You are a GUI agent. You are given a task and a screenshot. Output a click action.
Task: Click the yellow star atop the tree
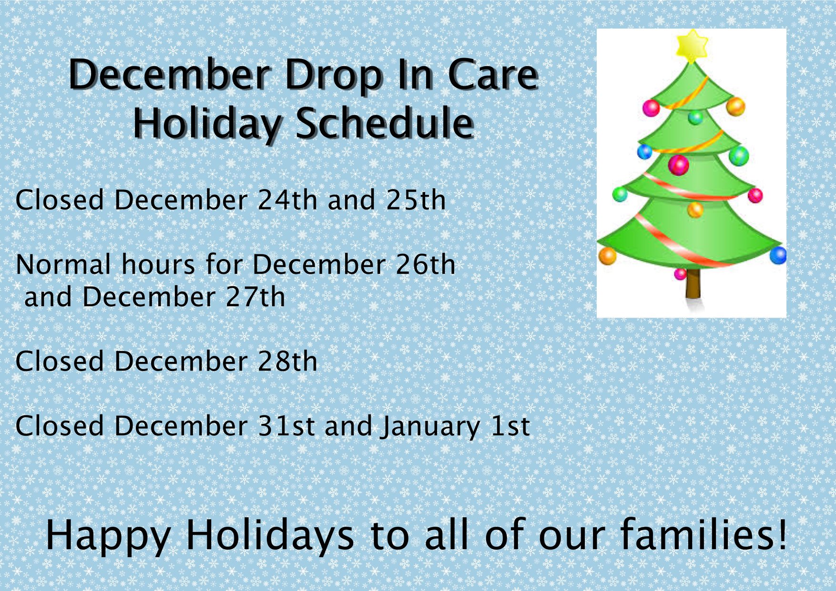[692, 46]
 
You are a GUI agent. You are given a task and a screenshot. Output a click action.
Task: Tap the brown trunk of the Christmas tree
[693, 285]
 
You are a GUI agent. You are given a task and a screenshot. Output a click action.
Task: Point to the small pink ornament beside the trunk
[680, 274]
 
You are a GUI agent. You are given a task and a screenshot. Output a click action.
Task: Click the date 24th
[287, 200]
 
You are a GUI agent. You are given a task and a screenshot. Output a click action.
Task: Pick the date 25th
[416, 200]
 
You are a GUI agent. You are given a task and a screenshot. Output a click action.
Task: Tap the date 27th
[255, 297]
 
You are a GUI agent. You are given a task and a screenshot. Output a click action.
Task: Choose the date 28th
[287, 361]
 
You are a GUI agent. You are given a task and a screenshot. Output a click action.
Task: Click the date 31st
[286, 426]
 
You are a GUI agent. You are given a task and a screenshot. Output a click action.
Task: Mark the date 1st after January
[510, 426]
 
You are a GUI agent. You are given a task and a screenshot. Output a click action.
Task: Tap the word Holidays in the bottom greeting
[270, 535]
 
